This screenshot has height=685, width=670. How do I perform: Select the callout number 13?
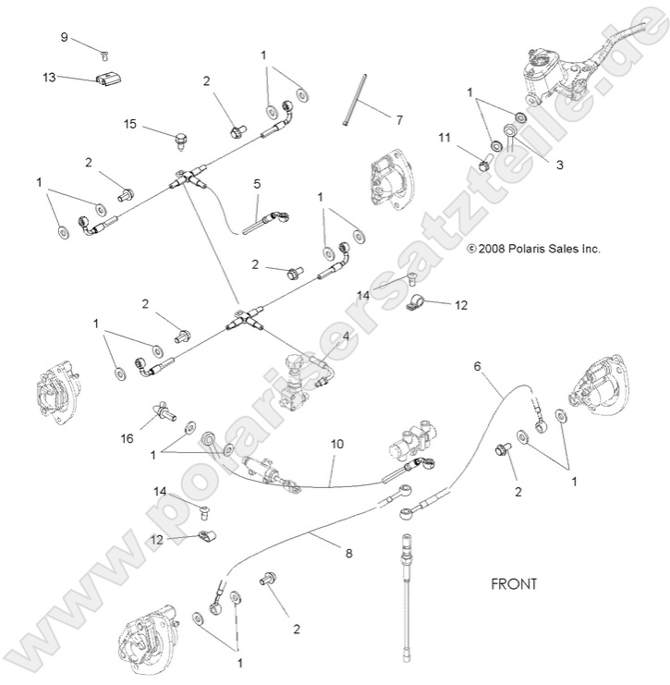49,77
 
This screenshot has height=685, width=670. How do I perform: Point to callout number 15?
130,123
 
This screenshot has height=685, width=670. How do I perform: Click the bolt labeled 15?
180,141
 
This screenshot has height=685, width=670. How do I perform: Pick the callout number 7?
399,120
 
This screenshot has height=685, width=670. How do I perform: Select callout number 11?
444,138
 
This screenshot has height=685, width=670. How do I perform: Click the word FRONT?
514,584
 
